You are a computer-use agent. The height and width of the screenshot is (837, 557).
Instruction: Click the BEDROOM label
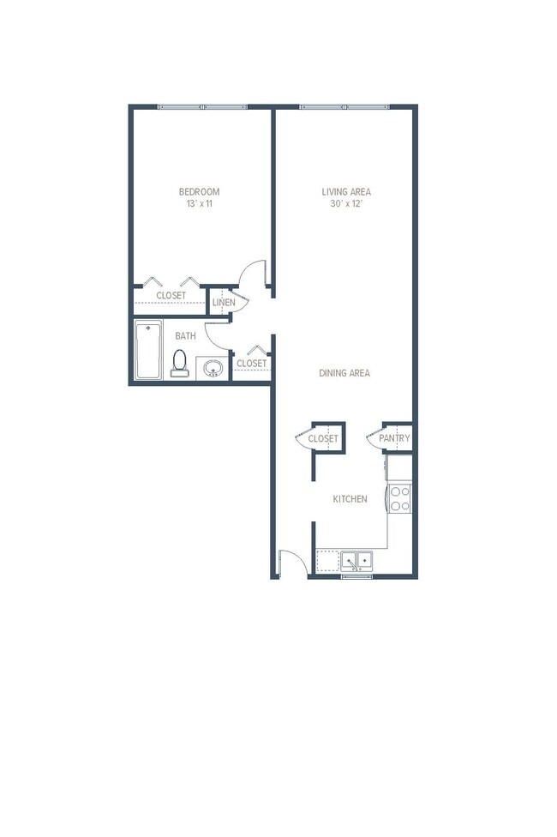pos(199,191)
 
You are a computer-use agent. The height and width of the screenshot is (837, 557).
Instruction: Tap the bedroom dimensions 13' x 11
pos(199,204)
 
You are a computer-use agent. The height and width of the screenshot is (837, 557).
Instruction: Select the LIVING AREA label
pos(346,191)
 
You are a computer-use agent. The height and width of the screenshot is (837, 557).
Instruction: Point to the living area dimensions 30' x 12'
pos(346,204)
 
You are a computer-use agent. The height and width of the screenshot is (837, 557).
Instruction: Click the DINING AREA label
pos(344,373)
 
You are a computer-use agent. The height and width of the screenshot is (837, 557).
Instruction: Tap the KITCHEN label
pos(350,498)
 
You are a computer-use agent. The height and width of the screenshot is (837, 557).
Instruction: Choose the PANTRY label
pos(395,438)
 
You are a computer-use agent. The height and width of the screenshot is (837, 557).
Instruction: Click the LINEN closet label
pos(224,303)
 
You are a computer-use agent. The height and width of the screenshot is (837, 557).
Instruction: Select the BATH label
pos(186,336)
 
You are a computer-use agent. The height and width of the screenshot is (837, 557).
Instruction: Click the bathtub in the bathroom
pos(148,350)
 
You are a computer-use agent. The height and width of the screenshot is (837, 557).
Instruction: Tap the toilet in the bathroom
pos(180,364)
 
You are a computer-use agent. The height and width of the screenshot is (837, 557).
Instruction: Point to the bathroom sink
pos(212,369)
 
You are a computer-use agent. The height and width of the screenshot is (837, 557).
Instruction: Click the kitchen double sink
pos(356,561)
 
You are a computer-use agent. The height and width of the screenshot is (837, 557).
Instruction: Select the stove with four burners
pos(400,498)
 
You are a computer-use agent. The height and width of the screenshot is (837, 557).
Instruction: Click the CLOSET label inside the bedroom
pos(171,296)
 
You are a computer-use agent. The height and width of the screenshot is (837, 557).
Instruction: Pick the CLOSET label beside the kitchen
pos(324,438)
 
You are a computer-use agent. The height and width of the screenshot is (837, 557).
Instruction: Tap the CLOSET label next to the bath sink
pos(252,364)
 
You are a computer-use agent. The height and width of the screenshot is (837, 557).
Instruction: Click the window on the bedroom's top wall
pos(202,106)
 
